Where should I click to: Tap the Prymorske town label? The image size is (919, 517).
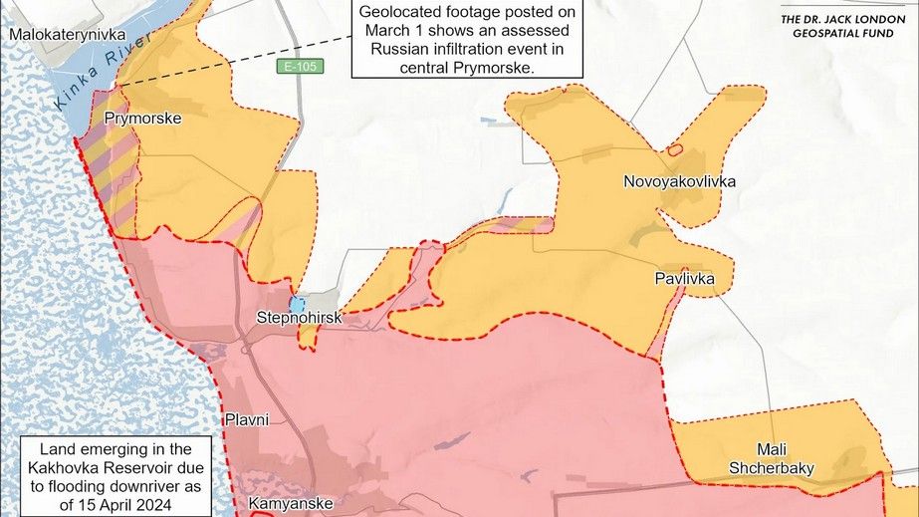pos(142,119)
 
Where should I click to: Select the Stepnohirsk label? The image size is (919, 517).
pos(300,318)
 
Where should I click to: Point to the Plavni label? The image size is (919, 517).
pos(247,419)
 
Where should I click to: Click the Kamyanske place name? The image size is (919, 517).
pos(290,503)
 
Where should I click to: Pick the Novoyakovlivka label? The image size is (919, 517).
pos(680,181)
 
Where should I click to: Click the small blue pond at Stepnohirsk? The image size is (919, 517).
pos(297,302)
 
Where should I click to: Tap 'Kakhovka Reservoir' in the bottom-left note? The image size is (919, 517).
pos(117,467)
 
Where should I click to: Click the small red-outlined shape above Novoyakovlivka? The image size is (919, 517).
pos(674,150)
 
